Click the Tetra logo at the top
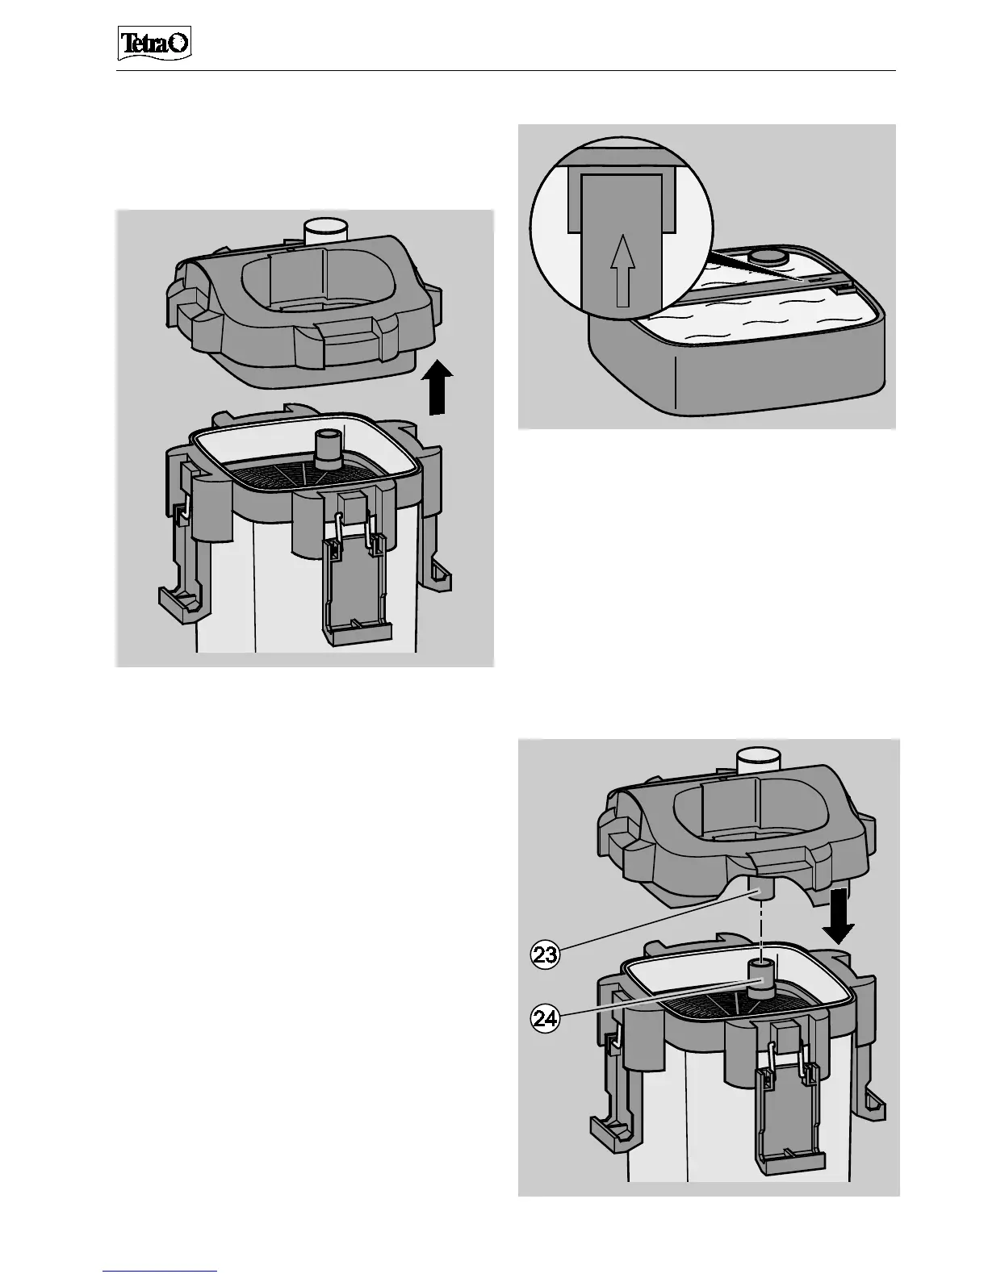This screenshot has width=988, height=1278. (x=156, y=44)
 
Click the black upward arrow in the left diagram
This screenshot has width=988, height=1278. (x=436, y=389)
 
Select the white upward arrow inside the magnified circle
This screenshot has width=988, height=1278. (x=619, y=274)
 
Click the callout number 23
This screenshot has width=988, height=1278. (x=545, y=955)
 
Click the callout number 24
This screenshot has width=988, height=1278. (x=545, y=1018)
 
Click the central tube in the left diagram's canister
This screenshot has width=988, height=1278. (x=328, y=450)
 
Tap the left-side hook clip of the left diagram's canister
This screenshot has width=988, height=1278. (x=178, y=597)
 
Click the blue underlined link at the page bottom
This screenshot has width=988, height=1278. (x=160, y=1270)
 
